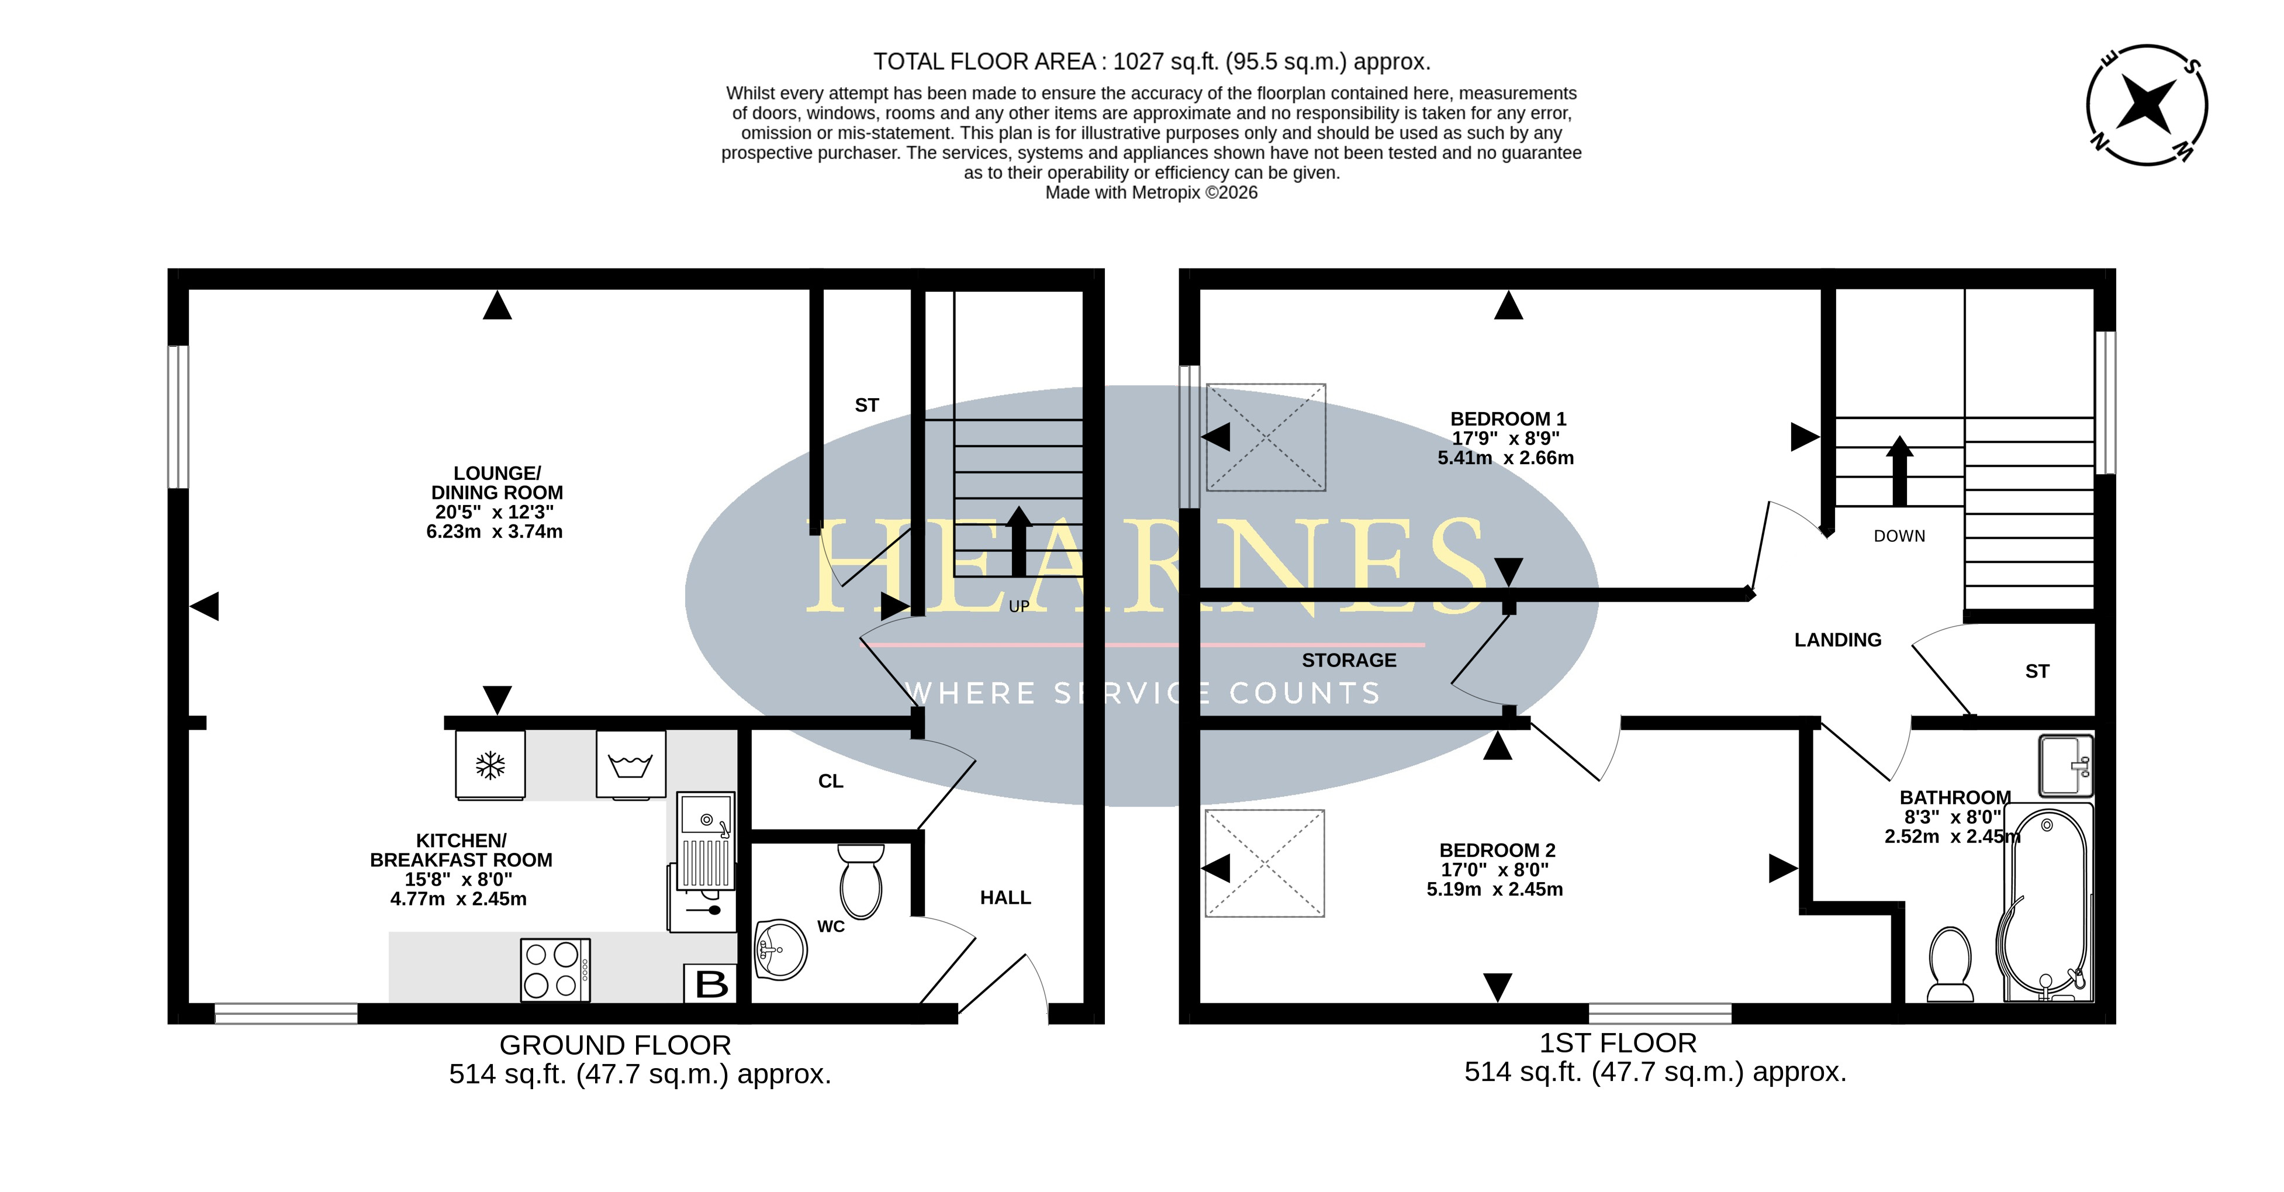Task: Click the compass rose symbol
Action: [x=2147, y=105]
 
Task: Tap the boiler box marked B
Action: [x=711, y=983]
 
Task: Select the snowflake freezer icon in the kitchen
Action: [x=490, y=765]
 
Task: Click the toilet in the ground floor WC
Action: [x=861, y=880]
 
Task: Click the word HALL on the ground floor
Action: [x=1005, y=897]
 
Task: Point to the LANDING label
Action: [x=1837, y=640]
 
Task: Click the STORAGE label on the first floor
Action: [x=1349, y=660]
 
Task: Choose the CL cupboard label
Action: [x=831, y=780]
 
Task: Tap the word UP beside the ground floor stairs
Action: [x=1019, y=607]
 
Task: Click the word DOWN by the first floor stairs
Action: [x=1899, y=535]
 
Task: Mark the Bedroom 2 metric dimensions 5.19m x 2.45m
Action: [x=1494, y=889]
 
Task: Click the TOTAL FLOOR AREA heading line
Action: [x=1152, y=62]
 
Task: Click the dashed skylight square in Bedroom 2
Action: [x=1264, y=863]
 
